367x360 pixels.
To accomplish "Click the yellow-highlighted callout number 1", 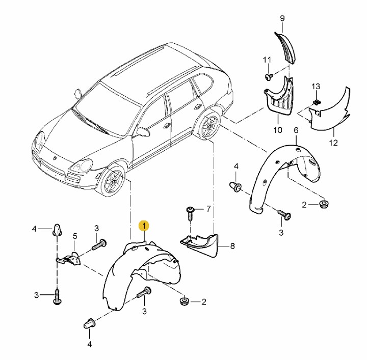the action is tap(144, 226).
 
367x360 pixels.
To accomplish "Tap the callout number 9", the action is tap(282, 18).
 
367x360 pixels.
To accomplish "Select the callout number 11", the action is tap(267, 60).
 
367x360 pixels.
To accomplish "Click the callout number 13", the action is tap(316, 87).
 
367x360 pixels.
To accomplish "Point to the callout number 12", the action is tap(333, 143).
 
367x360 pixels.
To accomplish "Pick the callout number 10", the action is tap(278, 130).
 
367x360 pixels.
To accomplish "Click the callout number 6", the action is tap(296, 130).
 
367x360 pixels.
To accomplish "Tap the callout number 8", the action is tap(232, 246).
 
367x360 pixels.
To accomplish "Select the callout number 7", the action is tap(208, 209).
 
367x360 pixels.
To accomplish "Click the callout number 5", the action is tap(74, 236).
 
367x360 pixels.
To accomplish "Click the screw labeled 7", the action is tap(190, 213).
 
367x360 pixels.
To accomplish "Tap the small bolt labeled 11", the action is tap(269, 77).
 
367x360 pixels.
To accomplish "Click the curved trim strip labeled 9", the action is tap(285, 48).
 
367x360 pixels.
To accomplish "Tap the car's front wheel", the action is tap(112, 180).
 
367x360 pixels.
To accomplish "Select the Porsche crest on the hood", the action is tap(55, 158).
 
